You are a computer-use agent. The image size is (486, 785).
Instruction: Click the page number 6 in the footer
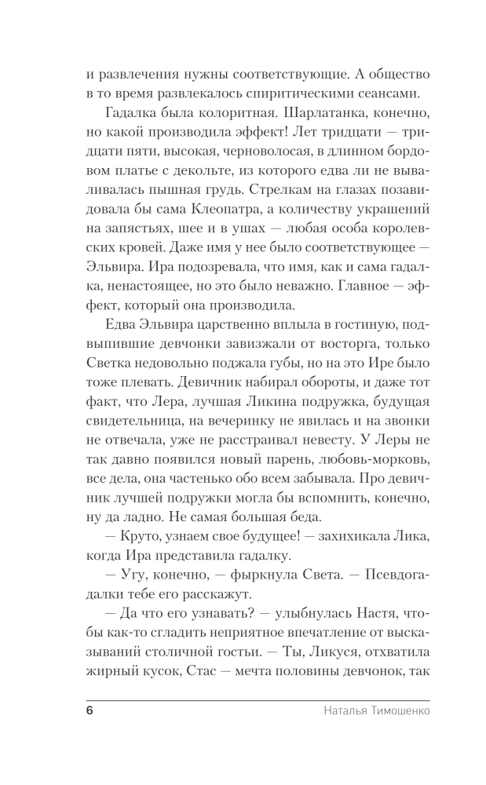(x=89, y=711)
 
